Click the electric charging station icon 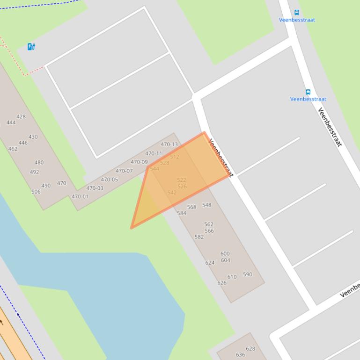tap(31, 46)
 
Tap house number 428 tap(21, 116)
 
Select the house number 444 tap(11, 122)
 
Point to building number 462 tap(13, 149)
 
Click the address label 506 tap(36, 192)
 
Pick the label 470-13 tap(169, 144)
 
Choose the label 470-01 tap(80, 196)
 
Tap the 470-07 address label tap(124, 171)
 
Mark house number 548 tap(206, 205)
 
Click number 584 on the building tap(182, 213)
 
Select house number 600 tap(225, 254)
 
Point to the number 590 tap(247, 274)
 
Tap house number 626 tap(222, 282)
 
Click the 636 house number tap(240, 355)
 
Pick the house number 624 tap(210, 263)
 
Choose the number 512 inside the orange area tap(175, 157)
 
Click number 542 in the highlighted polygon tap(172, 193)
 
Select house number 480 tap(39, 163)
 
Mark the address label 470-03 tap(95, 188)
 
